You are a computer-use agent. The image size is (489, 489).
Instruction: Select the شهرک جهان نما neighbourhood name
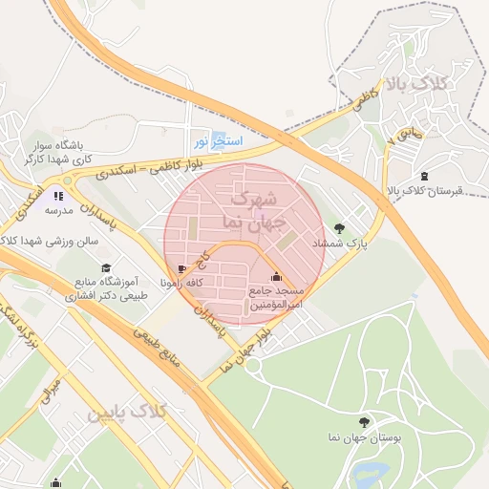pos(251,211)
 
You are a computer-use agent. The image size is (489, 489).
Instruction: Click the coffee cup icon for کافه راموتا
pos(182,270)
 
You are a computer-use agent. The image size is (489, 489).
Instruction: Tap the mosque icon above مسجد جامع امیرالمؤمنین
pos(276,277)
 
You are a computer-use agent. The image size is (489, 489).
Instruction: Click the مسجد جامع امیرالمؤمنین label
pos(276,297)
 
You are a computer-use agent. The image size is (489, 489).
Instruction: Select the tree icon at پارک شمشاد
pos(340,227)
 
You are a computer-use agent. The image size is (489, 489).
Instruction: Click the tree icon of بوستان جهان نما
pos(362,422)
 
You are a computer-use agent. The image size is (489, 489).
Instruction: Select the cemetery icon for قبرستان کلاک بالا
pos(424,176)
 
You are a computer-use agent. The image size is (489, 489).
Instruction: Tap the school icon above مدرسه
pos(58,196)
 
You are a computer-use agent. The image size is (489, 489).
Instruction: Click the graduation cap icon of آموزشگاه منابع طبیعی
pos(105,268)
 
